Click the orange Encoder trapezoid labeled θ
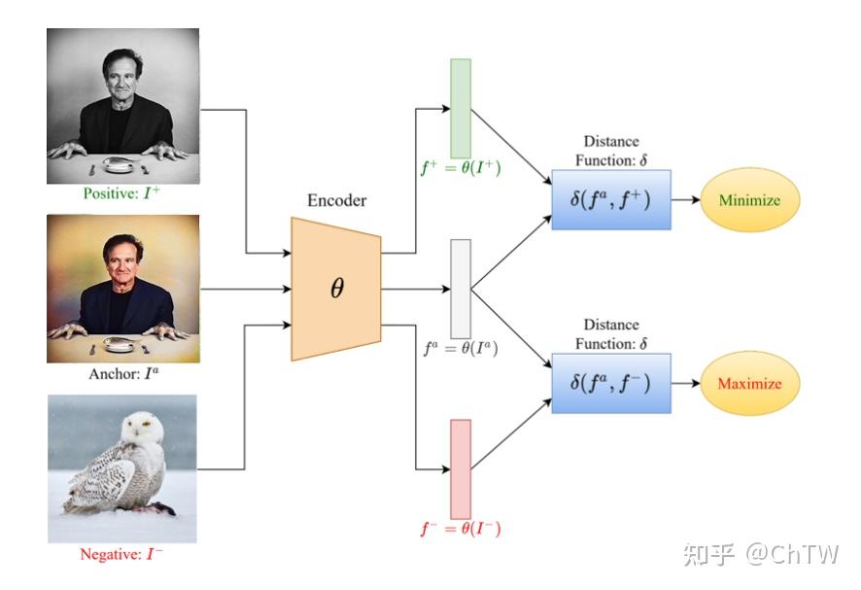point(336,289)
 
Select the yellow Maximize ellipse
point(749,383)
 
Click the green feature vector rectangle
point(461,107)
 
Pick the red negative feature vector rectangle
point(461,469)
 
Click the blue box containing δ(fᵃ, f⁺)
point(611,200)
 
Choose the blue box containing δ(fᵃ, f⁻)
point(611,383)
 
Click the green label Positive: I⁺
point(123,194)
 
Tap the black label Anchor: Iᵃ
point(123,373)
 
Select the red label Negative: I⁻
point(121,554)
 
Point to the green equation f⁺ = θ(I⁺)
point(462,167)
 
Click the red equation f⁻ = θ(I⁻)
point(462,530)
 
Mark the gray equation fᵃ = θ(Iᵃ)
point(462,347)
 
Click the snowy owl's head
point(144,428)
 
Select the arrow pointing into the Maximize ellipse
point(686,383)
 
